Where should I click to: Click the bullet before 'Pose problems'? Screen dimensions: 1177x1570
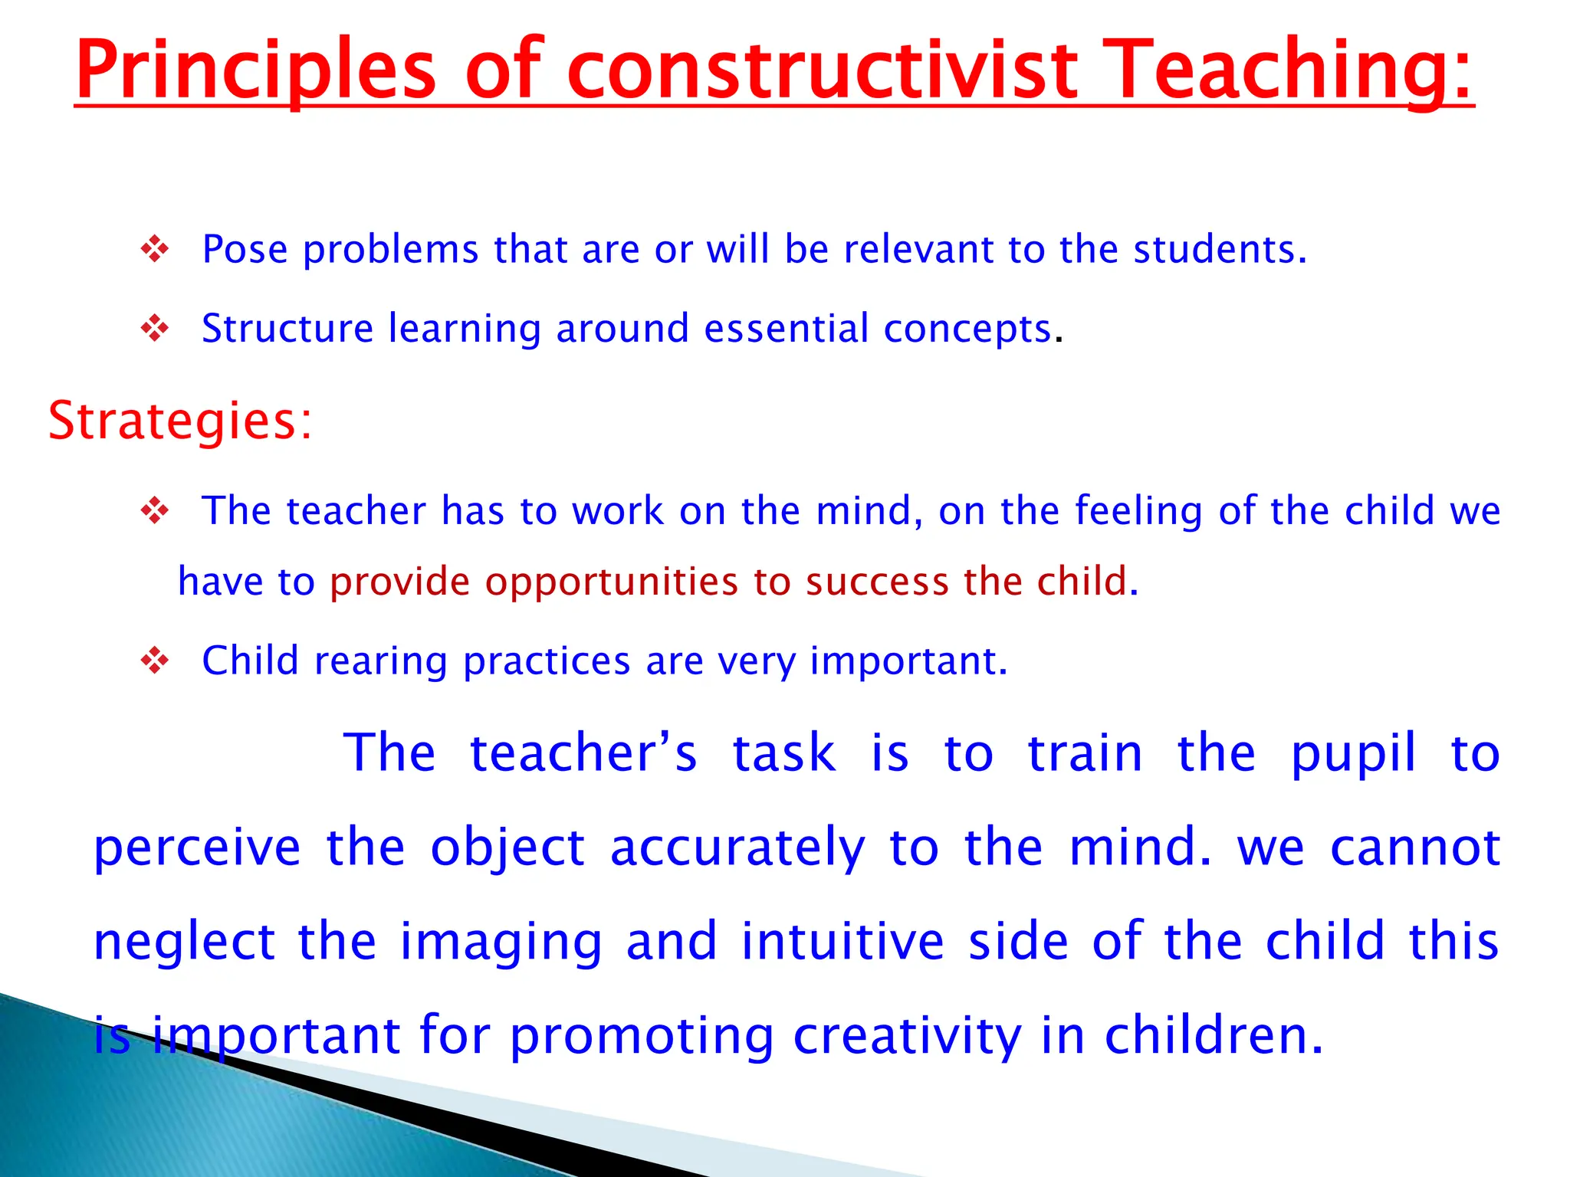pyautogui.click(x=155, y=250)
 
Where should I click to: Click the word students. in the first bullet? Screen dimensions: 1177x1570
pyautogui.click(x=1220, y=250)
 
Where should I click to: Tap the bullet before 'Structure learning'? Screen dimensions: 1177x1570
pyautogui.click(x=155, y=329)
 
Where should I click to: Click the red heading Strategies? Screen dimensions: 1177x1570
pyautogui.click(x=180, y=421)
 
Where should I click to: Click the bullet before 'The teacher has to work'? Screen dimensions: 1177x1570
pyautogui.click(x=155, y=511)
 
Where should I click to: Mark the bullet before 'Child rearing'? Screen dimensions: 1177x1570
pyautogui.click(x=155, y=661)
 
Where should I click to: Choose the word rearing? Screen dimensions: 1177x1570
pyautogui.click(x=380, y=661)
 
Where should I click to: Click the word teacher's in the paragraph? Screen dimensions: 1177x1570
pyautogui.click(x=583, y=753)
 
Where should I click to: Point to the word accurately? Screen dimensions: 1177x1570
pyautogui.click(x=737, y=848)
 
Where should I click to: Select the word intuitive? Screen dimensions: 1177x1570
pyautogui.click(x=842, y=942)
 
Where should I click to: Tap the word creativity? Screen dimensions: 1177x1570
pyautogui.click(x=907, y=1036)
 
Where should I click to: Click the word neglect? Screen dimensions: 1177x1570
pyautogui.click(x=184, y=942)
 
